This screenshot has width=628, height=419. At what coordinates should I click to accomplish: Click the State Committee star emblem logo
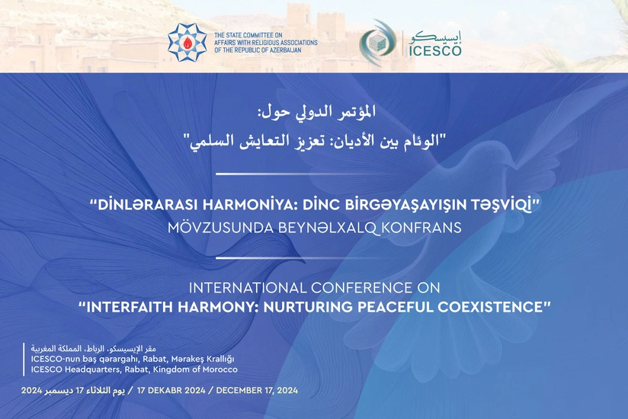[187, 41]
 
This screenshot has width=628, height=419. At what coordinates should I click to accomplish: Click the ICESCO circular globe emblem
[377, 43]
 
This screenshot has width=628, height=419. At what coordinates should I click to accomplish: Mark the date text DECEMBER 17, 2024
[258, 390]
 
